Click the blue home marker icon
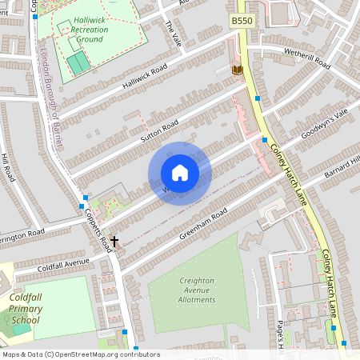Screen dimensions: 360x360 (x=180, y=173)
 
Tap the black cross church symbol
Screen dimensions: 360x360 (x=114, y=240)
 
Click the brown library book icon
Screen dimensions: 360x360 (x=236, y=71)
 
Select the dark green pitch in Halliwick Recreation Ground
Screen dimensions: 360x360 (x=78, y=63)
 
